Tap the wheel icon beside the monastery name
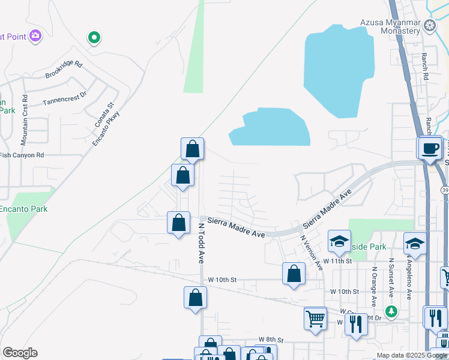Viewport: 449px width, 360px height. point(430,25)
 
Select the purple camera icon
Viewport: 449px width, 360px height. point(35,35)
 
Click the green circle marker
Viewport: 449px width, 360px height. point(94,38)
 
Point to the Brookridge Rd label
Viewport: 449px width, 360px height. point(64,70)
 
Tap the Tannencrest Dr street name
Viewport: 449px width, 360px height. point(65,98)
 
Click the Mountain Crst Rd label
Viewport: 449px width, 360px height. point(25,119)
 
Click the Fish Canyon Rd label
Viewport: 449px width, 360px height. point(22,155)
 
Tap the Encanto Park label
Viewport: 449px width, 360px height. point(23,209)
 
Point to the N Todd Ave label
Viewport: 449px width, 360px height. point(202,244)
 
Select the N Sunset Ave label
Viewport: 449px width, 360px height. point(391,278)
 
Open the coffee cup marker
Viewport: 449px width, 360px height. point(430,148)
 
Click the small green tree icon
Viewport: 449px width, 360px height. point(391,311)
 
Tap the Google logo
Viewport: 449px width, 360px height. point(20,353)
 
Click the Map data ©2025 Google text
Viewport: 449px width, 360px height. point(411,355)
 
